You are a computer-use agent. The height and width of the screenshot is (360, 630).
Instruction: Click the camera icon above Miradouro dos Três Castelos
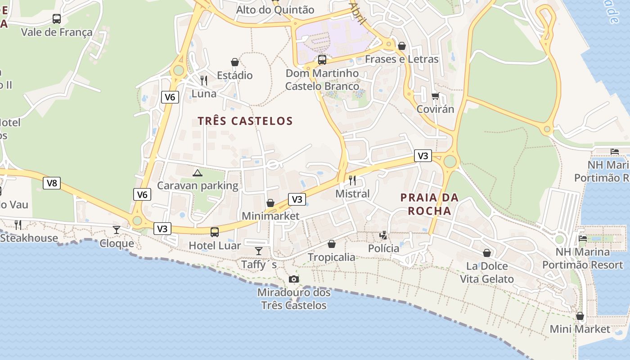[294, 279]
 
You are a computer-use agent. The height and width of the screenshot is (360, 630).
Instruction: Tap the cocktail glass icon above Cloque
[117, 230]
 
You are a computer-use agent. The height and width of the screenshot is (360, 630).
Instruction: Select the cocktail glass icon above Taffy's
[259, 251]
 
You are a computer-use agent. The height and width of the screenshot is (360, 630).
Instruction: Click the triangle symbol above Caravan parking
[197, 173]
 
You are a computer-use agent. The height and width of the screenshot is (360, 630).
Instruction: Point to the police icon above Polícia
[383, 235]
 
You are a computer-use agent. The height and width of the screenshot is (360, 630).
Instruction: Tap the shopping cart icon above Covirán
[435, 96]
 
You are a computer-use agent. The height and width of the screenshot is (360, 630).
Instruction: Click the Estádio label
[234, 75]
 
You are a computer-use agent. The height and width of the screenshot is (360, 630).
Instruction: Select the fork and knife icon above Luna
[204, 81]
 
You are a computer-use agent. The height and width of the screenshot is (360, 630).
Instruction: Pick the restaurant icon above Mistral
[352, 180]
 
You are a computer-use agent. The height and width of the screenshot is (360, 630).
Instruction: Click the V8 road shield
[52, 183]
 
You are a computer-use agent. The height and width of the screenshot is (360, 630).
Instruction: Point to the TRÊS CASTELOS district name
[245, 121]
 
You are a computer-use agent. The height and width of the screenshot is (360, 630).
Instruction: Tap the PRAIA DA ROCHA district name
[429, 204]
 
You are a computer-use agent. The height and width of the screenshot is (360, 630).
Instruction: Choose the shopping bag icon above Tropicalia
[332, 244]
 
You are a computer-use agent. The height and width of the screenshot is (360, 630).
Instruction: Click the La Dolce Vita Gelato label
[487, 273]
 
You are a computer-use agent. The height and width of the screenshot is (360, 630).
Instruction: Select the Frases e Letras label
[401, 59]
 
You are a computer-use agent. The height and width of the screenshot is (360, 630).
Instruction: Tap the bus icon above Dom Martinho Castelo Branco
[322, 59]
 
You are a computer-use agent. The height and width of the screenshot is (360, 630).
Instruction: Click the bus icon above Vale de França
[57, 19]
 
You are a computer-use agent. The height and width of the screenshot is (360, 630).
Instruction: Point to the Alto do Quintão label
[275, 9]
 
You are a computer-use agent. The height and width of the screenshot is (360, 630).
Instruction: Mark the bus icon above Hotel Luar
[215, 232]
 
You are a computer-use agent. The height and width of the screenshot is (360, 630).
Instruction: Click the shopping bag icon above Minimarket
[270, 203]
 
